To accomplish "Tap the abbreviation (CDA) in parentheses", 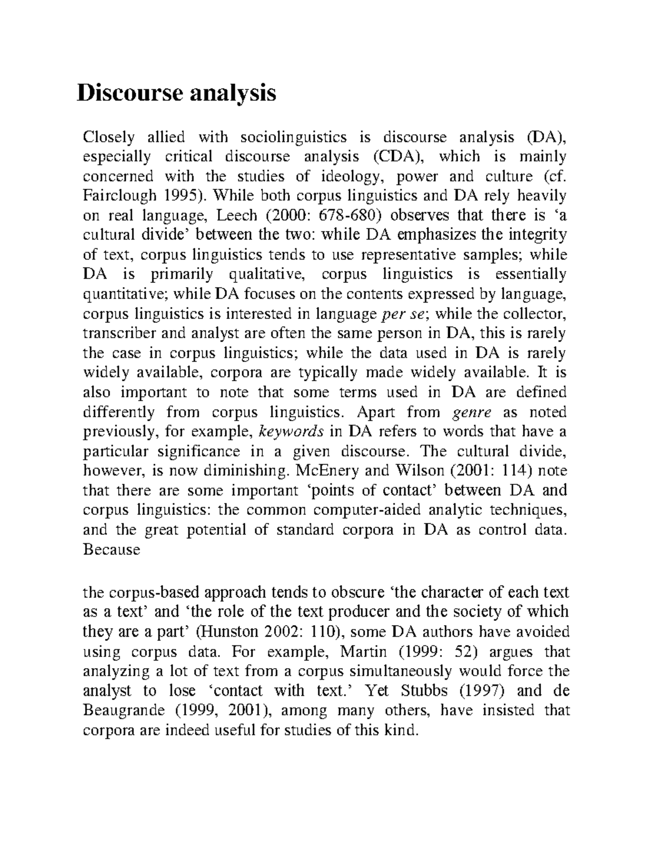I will pos(397,157).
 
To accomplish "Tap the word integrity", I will pos(538,235).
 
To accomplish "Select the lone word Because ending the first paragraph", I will pos(111,550).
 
